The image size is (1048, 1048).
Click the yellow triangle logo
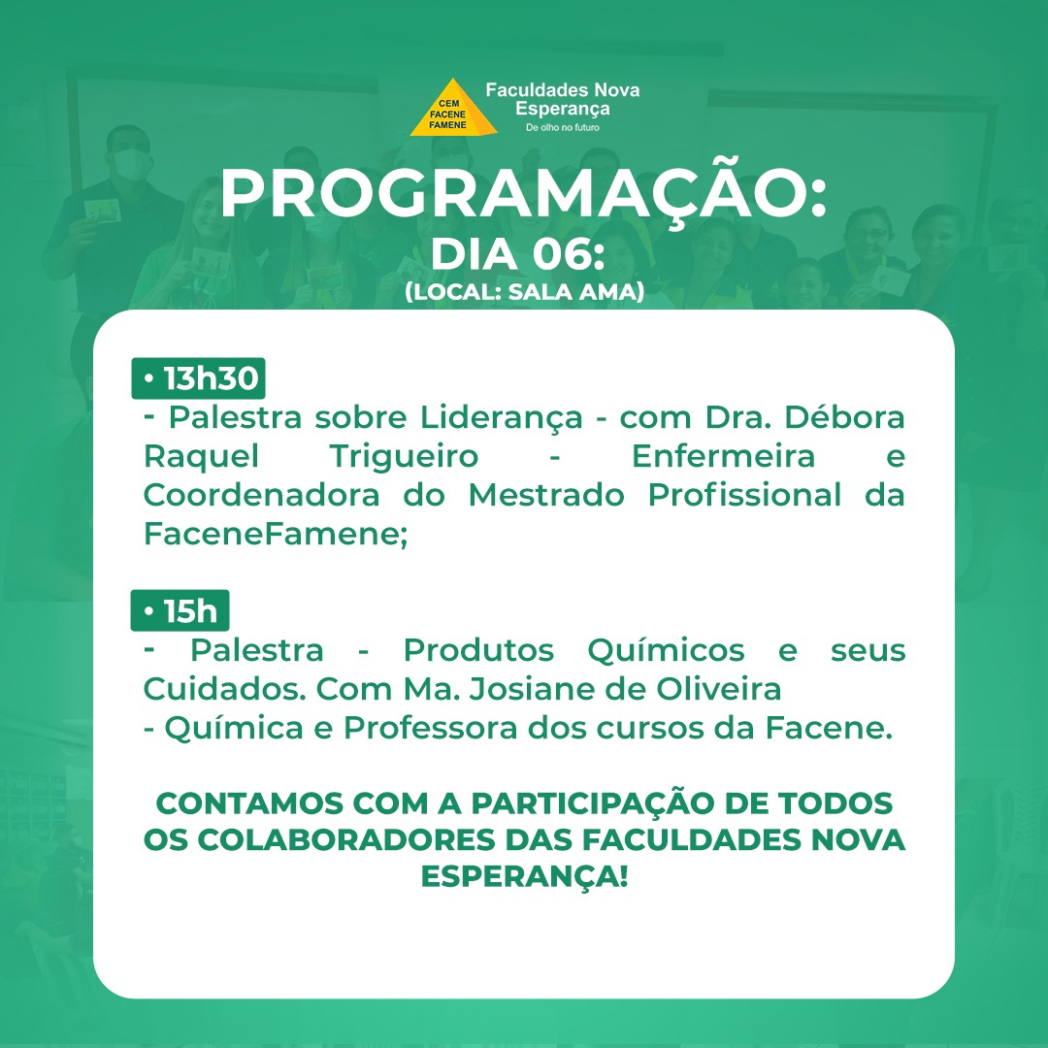coord(453,109)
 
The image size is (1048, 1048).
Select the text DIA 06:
coord(517,254)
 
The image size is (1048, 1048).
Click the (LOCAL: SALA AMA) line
coord(524,292)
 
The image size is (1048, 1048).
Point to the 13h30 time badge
coord(199,378)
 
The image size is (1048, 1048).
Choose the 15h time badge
coord(180,610)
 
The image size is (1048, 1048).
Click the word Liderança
coord(502,418)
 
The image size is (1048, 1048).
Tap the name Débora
coord(844,417)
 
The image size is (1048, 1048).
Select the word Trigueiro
coord(404,457)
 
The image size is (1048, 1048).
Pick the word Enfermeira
coord(723,456)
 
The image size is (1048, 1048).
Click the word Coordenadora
coord(261,495)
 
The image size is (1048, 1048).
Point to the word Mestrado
coord(546,495)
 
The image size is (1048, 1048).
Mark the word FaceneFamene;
coord(276,534)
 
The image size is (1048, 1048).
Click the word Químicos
coord(666,651)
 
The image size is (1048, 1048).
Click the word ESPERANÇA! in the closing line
coord(525,877)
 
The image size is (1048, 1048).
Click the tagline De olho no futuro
coord(562,127)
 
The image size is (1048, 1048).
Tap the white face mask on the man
coord(130,164)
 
